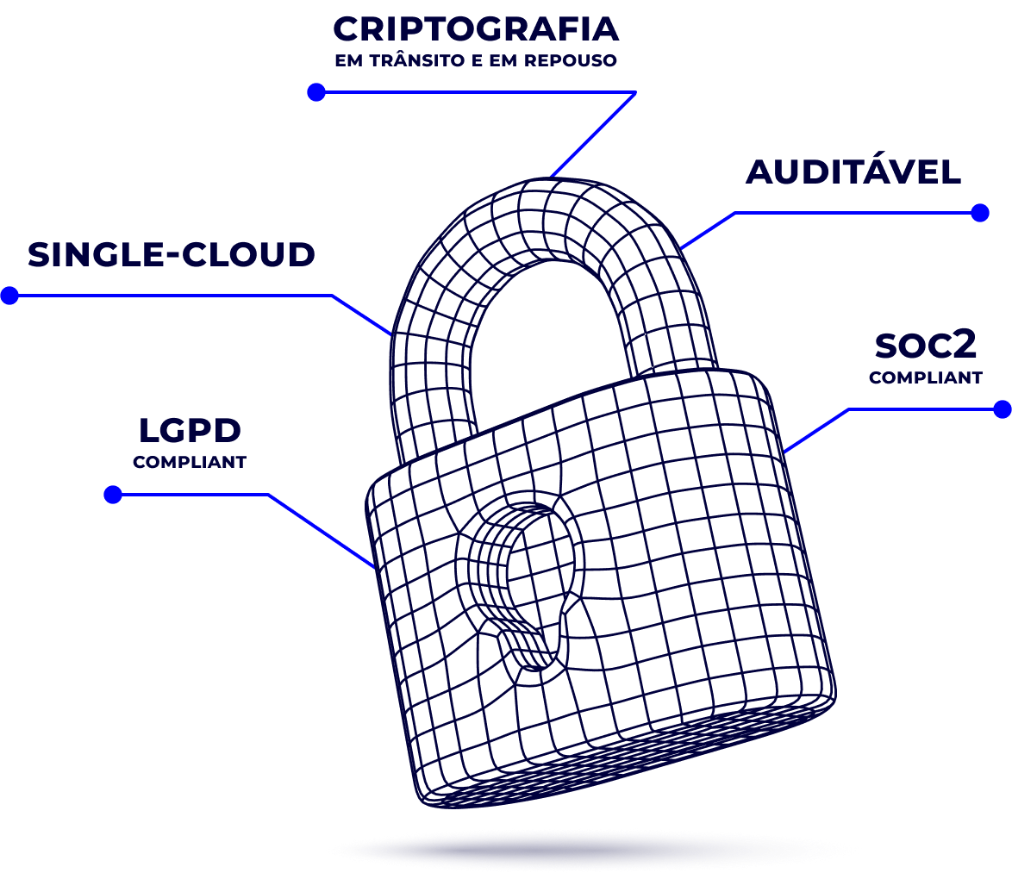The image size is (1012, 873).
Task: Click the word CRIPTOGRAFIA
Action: (476, 29)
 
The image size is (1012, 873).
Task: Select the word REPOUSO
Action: (570, 60)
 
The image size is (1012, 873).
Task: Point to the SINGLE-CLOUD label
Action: (171, 254)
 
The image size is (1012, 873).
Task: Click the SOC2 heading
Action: (926, 346)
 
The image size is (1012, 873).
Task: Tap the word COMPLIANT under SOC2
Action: (926, 377)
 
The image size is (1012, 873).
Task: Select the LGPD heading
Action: (190, 430)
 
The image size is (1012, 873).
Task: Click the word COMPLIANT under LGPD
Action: (190, 462)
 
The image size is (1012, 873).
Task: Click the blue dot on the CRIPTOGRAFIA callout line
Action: (316, 92)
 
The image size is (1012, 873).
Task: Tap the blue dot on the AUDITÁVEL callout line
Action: (980, 213)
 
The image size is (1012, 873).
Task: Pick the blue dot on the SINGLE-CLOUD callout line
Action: (9, 296)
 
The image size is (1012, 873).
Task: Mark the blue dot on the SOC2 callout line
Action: (1003, 409)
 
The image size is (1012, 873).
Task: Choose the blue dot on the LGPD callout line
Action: (113, 495)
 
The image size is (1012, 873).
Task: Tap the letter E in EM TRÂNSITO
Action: (340, 60)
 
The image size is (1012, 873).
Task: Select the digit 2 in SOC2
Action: (964, 346)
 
